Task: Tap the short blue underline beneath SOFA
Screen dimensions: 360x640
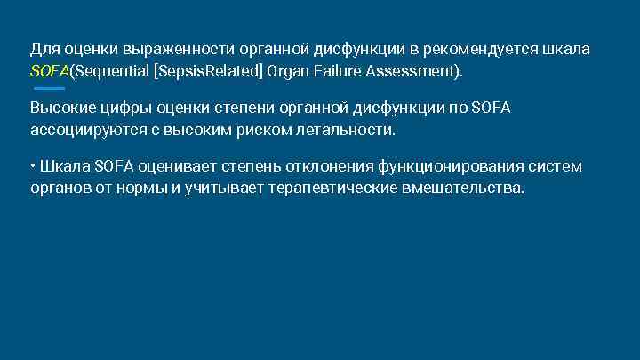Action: click(49, 88)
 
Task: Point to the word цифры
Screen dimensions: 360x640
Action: click(127, 108)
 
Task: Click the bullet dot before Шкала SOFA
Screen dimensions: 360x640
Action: click(33, 166)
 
